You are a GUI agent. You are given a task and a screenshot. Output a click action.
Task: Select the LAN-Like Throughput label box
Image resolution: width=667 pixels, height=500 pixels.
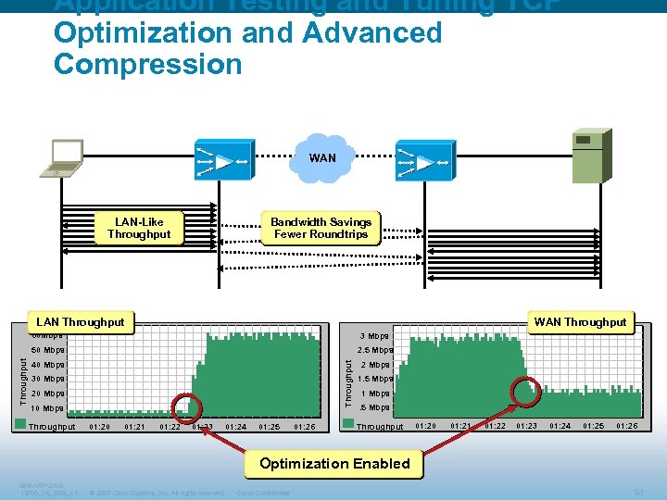(139, 229)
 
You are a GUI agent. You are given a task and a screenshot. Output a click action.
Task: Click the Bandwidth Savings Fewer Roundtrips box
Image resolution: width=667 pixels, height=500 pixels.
(321, 228)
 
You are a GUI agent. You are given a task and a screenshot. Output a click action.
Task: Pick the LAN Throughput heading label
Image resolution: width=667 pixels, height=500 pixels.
(80, 322)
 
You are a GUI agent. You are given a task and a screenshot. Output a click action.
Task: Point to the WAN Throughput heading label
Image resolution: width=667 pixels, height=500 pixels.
(580, 322)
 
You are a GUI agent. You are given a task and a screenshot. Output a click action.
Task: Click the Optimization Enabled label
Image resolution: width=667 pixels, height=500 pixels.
(334, 463)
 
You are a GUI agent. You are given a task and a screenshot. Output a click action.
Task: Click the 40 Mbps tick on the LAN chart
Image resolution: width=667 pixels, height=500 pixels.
(47, 365)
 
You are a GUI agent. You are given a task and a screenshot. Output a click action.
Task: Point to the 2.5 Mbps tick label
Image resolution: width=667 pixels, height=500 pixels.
(375, 350)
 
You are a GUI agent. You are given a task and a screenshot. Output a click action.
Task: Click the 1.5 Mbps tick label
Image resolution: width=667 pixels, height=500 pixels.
(375, 379)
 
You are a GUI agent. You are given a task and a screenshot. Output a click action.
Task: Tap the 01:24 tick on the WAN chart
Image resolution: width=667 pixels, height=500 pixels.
(560, 426)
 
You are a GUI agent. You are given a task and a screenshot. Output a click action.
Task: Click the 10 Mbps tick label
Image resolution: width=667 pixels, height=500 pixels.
(47, 407)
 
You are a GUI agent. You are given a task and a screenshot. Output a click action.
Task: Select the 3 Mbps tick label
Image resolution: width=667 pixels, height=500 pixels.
(375, 336)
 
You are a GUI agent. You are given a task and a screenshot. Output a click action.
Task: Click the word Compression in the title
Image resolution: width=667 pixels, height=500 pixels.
(147, 64)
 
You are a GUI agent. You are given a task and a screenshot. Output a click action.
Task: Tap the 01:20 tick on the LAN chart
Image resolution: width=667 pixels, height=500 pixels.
(99, 427)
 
